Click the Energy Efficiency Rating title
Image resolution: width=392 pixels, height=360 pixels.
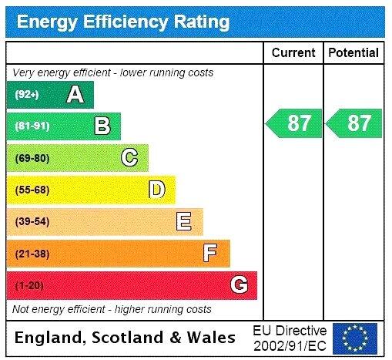(x=122, y=21)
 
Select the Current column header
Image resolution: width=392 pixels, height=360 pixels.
(x=293, y=53)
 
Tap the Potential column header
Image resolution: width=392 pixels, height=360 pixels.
(x=353, y=53)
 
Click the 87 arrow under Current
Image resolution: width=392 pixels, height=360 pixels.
(x=294, y=123)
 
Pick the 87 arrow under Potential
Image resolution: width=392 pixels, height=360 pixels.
(x=354, y=123)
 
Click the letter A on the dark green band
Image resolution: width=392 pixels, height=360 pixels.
(x=75, y=95)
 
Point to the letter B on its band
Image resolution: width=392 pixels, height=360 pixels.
(x=102, y=126)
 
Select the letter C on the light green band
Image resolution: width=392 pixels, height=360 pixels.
(x=129, y=158)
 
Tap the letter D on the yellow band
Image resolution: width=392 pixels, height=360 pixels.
(x=156, y=190)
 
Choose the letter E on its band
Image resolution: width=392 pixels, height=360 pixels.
(x=183, y=222)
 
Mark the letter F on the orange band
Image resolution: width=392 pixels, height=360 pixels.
(x=210, y=254)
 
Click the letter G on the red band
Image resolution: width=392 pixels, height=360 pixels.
(x=239, y=285)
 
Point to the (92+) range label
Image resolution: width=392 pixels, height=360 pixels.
(x=28, y=95)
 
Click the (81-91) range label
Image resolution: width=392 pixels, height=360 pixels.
(x=32, y=126)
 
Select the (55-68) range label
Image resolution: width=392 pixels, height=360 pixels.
(x=32, y=190)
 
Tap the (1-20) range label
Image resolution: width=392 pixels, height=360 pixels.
(x=29, y=286)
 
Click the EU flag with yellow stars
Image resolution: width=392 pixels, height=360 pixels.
(x=355, y=338)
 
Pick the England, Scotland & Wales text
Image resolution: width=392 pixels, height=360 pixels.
(x=126, y=338)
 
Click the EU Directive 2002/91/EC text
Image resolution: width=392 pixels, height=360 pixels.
(x=290, y=338)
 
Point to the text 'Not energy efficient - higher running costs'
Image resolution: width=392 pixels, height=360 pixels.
(x=112, y=309)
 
